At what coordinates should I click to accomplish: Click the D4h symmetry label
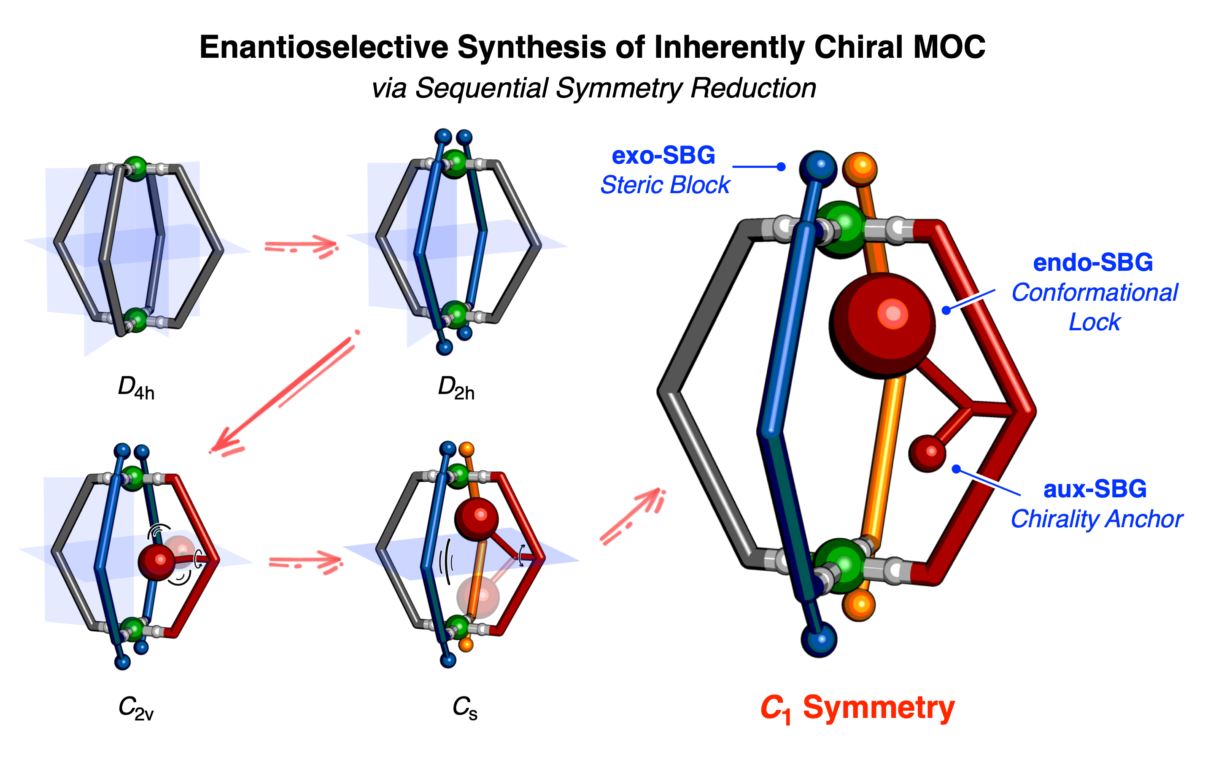(136, 388)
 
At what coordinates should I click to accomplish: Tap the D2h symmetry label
(456, 388)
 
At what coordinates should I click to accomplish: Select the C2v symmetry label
(136, 707)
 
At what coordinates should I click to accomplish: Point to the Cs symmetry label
(465, 707)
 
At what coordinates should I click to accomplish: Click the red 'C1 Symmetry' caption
(857, 708)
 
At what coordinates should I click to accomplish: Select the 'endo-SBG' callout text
(1093, 263)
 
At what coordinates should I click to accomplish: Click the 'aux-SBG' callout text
(1095, 489)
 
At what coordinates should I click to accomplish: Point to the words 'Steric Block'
(665, 185)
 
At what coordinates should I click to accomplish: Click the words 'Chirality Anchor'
(1096, 519)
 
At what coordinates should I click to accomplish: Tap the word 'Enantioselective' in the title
(324, 47)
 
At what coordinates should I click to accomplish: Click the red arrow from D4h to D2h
(301, 246)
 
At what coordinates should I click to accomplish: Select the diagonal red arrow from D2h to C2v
(283, 394)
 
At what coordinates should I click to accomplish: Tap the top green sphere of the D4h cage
(135, 167)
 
